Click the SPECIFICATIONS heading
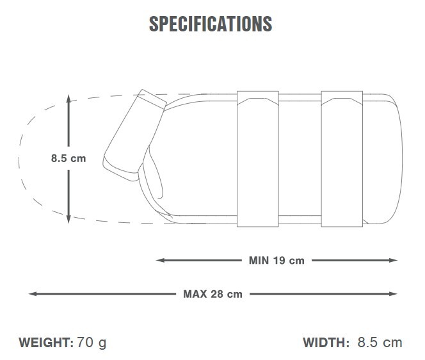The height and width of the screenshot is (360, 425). tap(211, 24)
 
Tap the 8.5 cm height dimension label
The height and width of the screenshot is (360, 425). tap(68, 158)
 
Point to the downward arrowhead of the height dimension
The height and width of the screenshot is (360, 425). tap(68, 219)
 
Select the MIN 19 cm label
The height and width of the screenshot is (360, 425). tap(277, 261)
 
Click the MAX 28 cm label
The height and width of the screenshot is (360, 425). tap(212, 294)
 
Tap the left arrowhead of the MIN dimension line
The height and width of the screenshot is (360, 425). tap(161, 261)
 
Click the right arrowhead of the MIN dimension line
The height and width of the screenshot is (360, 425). tap(393, 261)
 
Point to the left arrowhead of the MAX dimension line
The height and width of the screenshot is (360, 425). tap(33, 294)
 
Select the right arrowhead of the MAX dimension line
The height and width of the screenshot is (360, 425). tap(393, 294)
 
